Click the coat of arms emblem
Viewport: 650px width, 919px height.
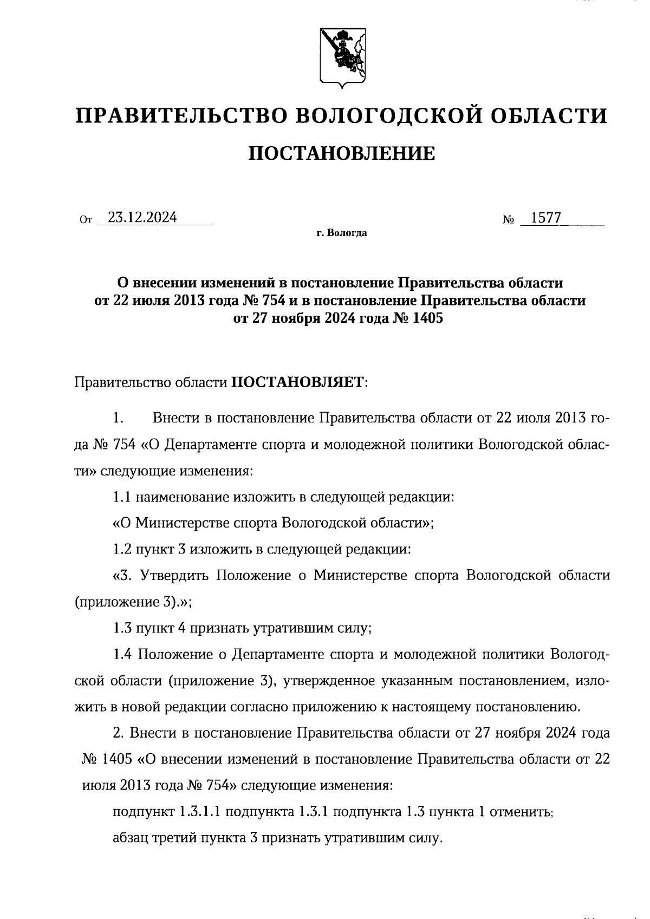pyautogui.click(x=341, y=57)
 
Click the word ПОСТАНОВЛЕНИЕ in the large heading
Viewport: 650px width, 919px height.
pyautogui.click(x=341, y=153)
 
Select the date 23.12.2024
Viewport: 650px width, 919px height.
pyautogui.click(x=142, y=217)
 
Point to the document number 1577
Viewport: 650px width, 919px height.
pyautogui.click(x=545, y=218)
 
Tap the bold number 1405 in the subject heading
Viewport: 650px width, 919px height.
pyautogui.click(x=427, y=318)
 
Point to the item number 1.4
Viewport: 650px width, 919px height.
pyautogui.click(x=122, y=654)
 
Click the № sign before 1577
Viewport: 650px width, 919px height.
pyautogui.click(x=508, y=220)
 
